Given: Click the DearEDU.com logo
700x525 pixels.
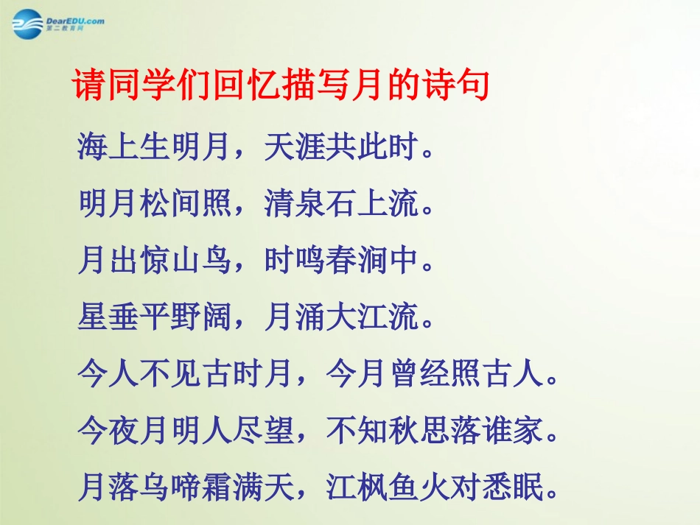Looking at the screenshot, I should (x=58, y=23).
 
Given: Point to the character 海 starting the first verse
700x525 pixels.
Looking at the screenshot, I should (x=93, y=147).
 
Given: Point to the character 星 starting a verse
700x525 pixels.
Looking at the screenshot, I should (x=93, y=318).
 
